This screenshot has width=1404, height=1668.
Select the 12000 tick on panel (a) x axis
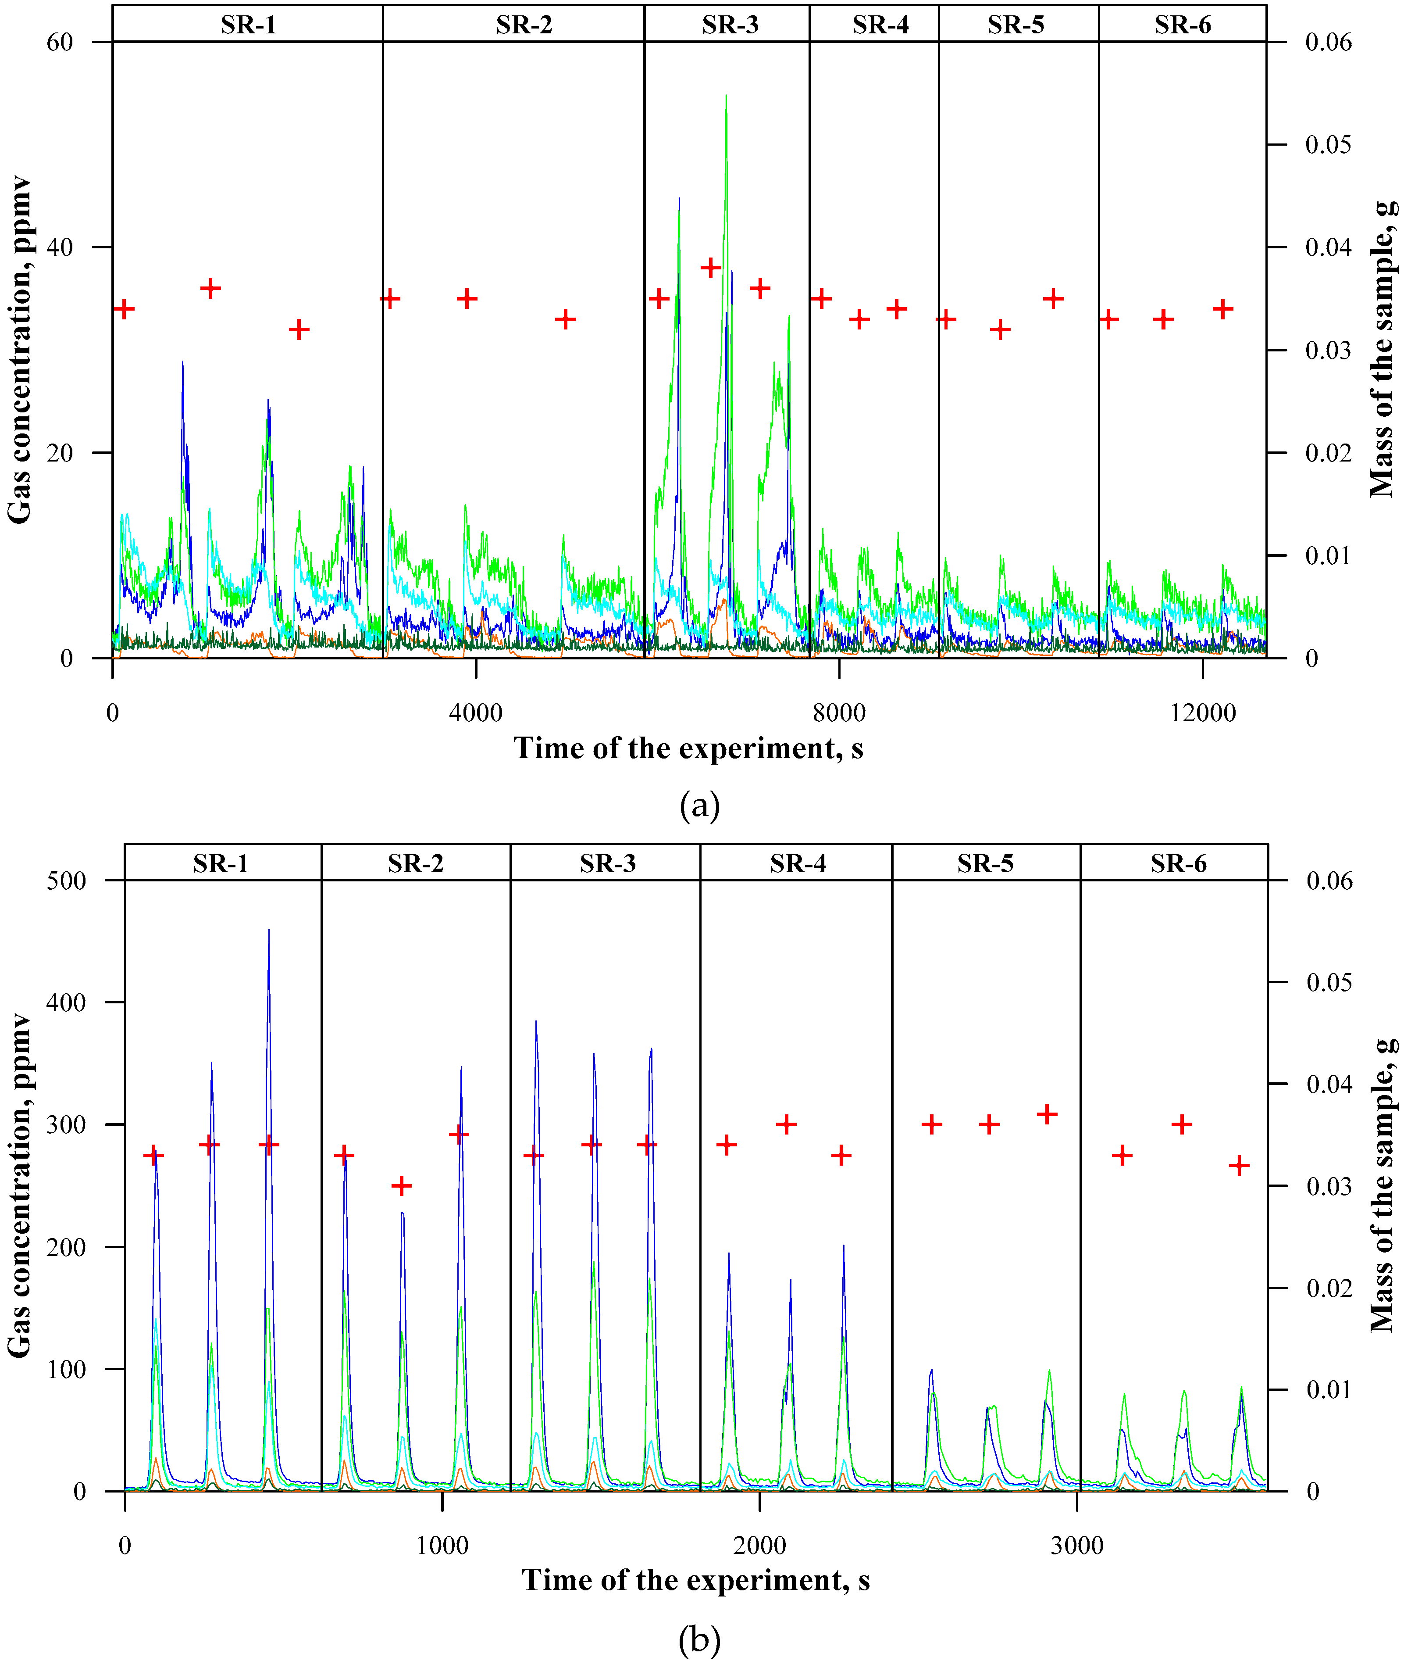[1202, 712]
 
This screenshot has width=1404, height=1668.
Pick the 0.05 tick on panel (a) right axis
[1328, 145]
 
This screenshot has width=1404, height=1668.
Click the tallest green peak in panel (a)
[726, 97]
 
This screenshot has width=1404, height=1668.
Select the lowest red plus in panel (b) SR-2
[402, 1186]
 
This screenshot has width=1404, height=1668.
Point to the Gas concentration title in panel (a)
[19, 351]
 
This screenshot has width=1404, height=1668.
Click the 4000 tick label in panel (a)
[475, 712]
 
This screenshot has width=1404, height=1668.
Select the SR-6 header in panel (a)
[1182, 25]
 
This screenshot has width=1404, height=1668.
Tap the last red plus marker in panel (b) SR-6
[1238, 1166]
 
